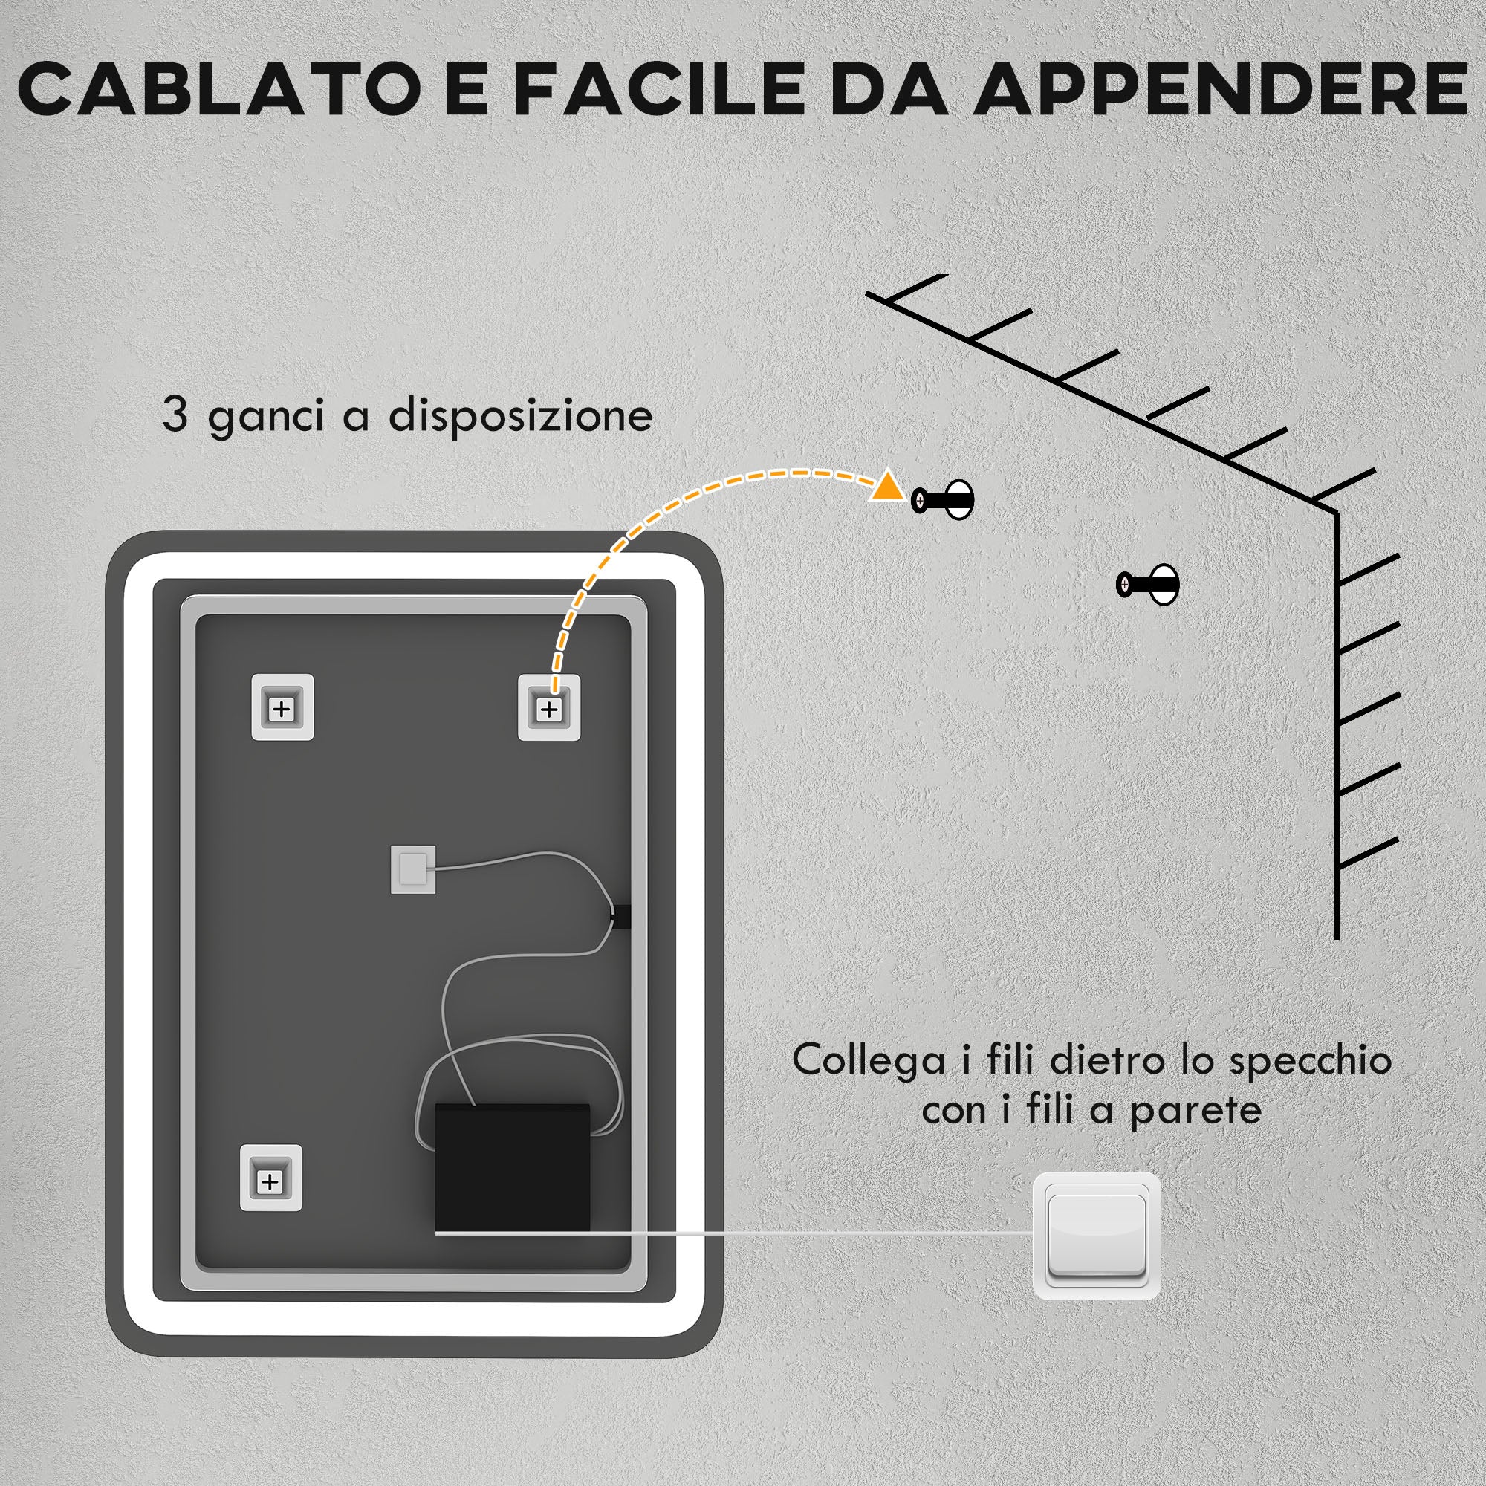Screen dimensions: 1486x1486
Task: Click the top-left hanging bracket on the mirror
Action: click(282, 707)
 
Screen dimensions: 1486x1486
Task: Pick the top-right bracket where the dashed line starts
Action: click(548, 707)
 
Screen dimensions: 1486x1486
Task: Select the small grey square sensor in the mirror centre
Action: click(413, 870)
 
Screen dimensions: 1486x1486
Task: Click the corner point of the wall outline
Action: click(1337, 510)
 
